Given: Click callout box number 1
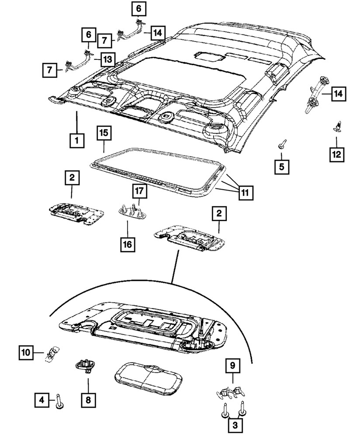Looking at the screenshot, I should tap(76, 141).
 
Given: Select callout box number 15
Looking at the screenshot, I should tap(104, 133).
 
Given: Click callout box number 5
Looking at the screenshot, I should tap(282, 166).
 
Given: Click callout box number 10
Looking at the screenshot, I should tap(26, 351).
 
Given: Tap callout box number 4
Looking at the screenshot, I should tap(42, 399).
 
